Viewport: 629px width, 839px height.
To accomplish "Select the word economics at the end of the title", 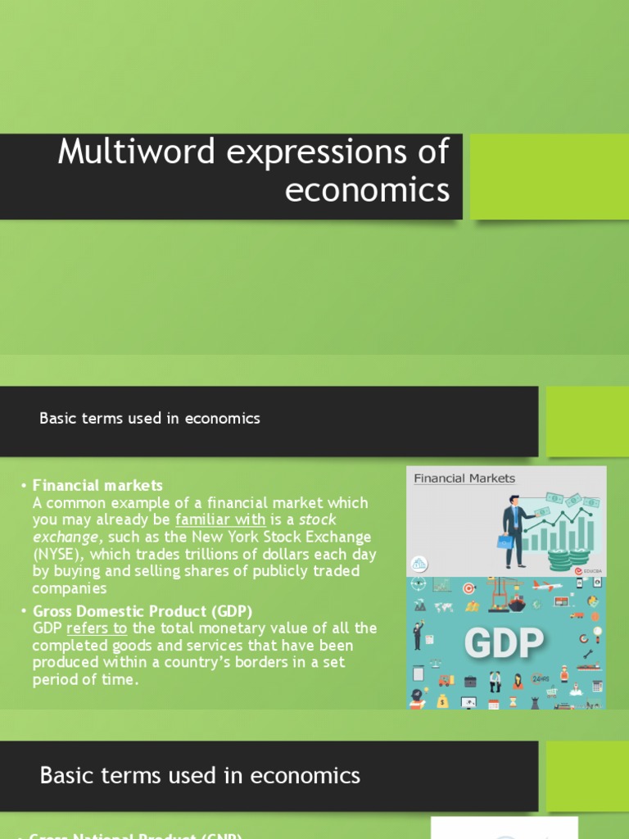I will coord(367,189).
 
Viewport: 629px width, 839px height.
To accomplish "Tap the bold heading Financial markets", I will coord(97,485).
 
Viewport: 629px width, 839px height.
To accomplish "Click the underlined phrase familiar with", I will coord(220,519).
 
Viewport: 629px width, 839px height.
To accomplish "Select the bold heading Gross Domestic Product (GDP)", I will coord(143,611).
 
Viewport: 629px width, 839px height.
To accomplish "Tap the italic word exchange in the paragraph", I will coord(66,537).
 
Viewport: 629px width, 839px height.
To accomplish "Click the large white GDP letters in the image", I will coord(505,644).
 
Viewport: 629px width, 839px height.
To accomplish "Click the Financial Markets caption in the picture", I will coord(464,478).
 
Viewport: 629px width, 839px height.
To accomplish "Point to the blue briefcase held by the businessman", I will coord(505,542).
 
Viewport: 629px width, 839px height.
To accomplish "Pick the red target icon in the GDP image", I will coord(469,587).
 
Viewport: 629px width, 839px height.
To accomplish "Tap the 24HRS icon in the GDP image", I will coord(540,679).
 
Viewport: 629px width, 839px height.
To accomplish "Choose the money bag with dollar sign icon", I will coord(443,701).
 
